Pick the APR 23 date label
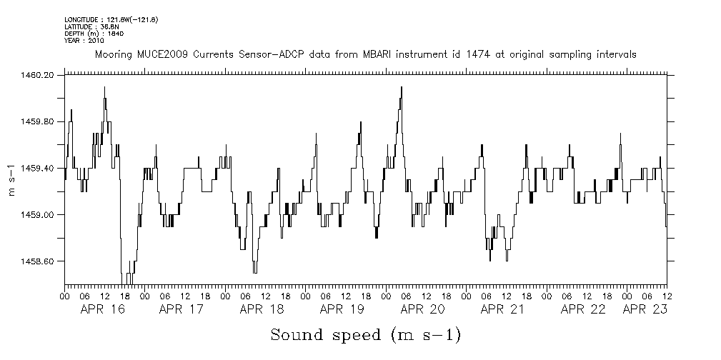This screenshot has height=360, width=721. pyautogui.click(x=645, y=309)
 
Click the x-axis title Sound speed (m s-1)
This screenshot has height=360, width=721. pyautogui.click(x=365, y=335)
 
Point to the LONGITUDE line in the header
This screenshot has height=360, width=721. pyautogui.click(x=111, y=20)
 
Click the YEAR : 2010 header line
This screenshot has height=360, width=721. pyautogui.click(x=84, y=39)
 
